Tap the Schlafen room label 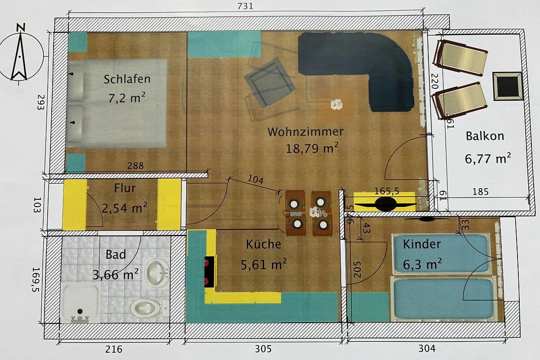coord(127,79)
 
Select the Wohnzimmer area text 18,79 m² coord(312,148)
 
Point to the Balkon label coord(485,136)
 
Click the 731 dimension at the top coord(245,6)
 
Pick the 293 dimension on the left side coord(41,102)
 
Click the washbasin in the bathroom coord(157,273)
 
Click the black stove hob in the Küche coord(209,272)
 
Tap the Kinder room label coord(422,244)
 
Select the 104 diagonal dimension coord(256,180)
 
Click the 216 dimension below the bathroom coord(114,349)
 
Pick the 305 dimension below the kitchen coord(263,349)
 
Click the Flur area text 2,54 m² coord(124,208)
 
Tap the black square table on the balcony coord(508,86)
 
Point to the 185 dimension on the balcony coord(481,192)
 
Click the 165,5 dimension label coord(387,191)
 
